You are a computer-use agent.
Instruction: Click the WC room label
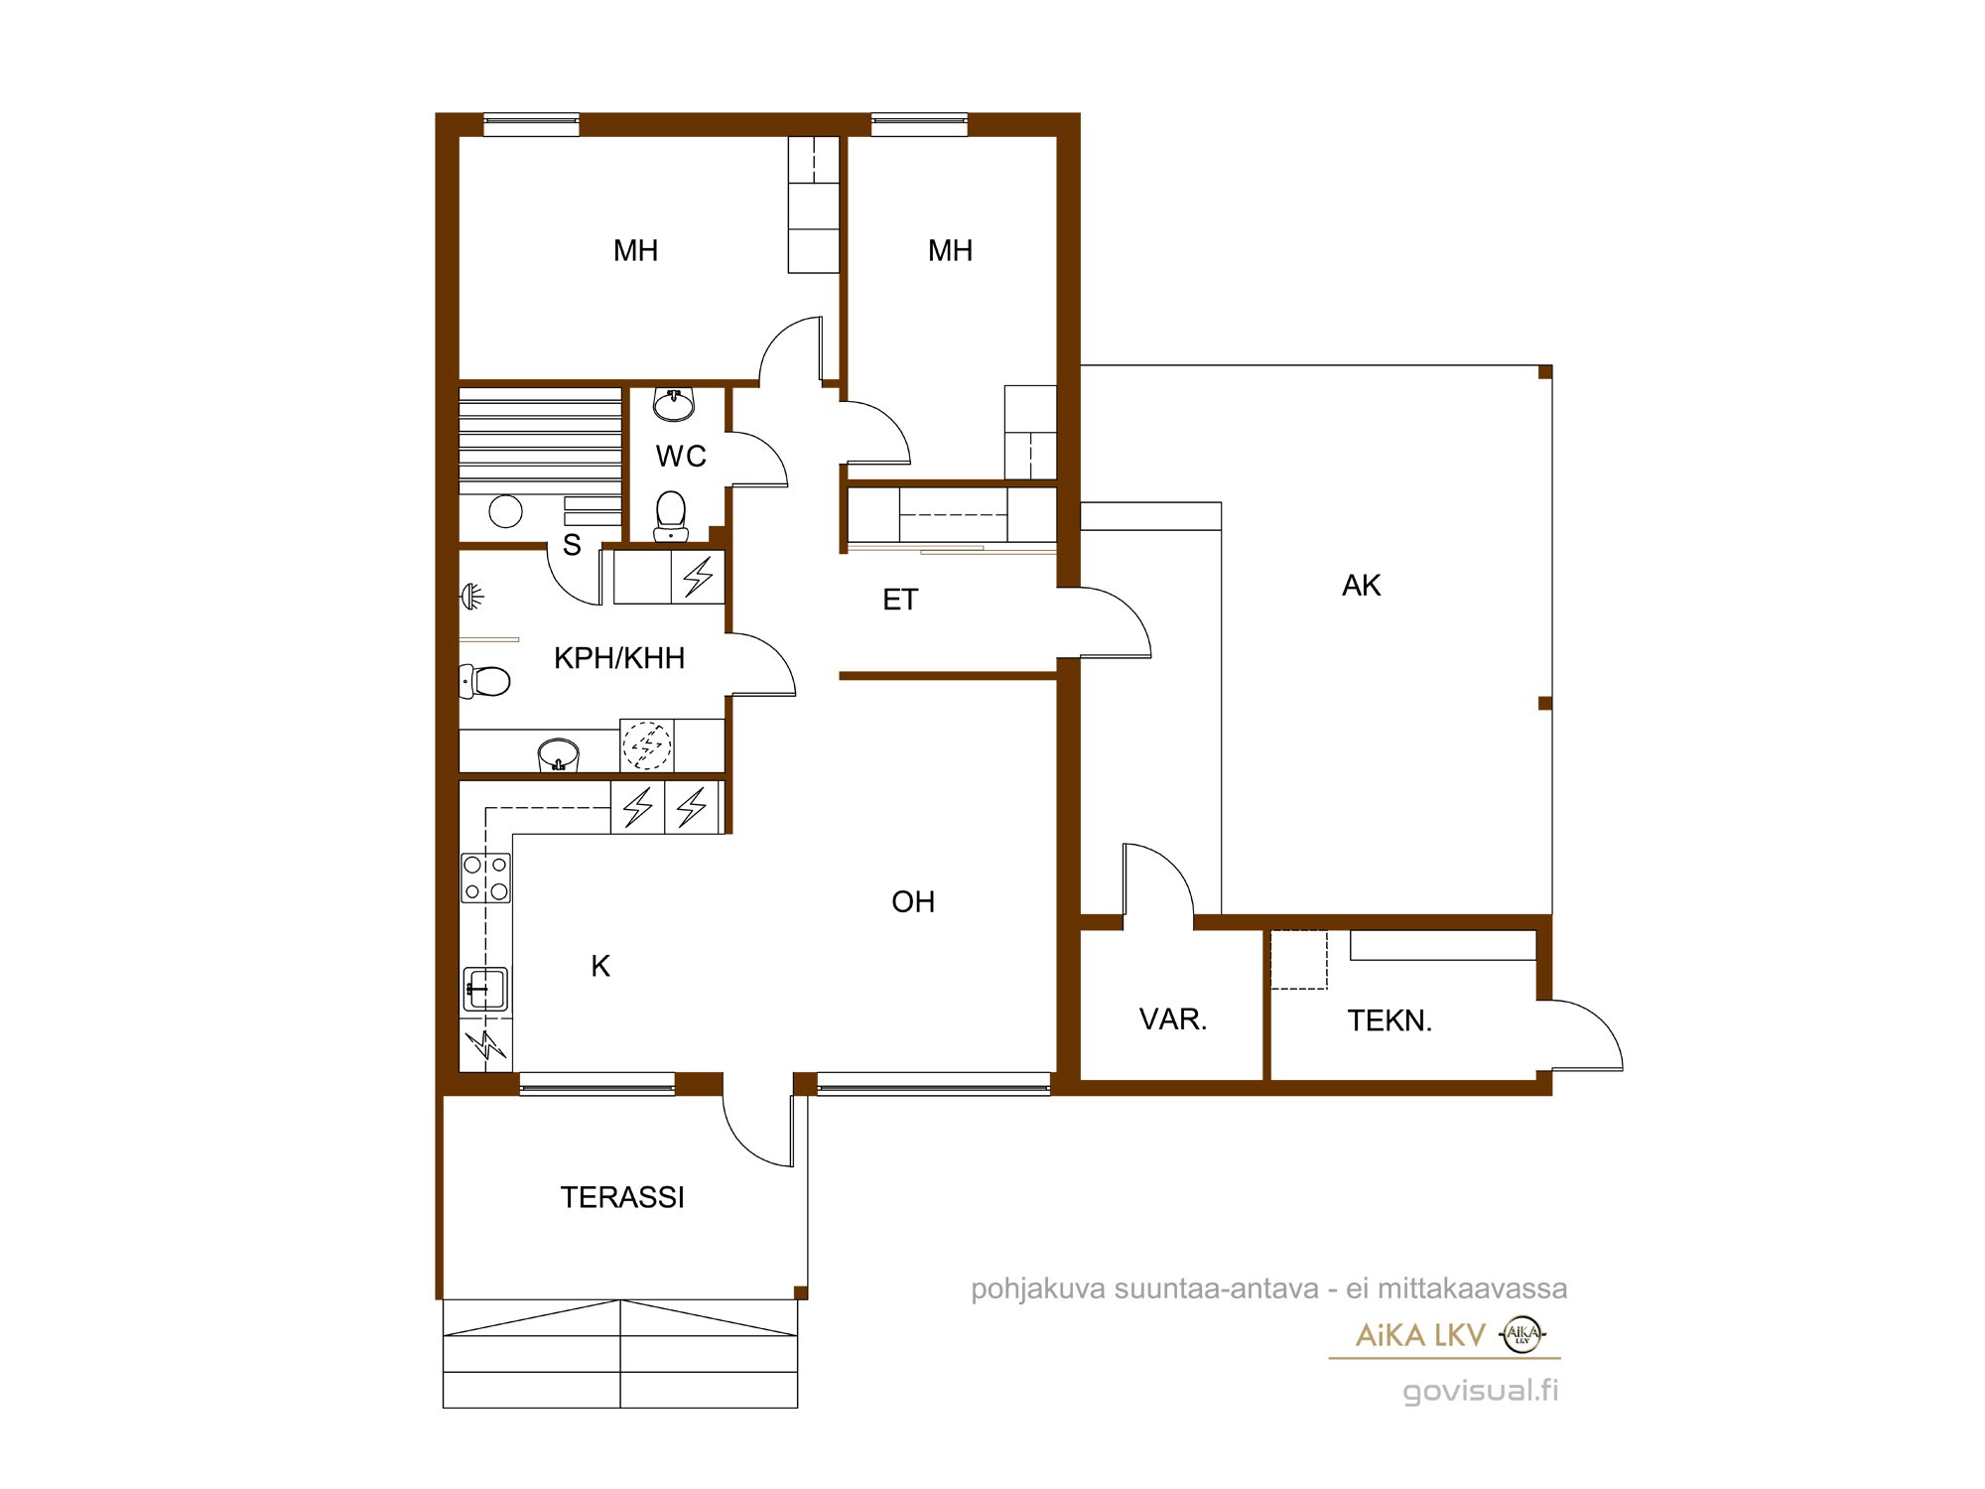tap(681, 457)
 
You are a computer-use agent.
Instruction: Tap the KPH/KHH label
tap(619, 658)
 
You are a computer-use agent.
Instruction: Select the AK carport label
tap(1361, 586)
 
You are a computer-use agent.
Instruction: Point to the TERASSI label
tap(622, 1197)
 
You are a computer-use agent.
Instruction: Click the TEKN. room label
tap(1389, 1020)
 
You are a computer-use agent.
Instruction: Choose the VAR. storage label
tap(1173, 1019)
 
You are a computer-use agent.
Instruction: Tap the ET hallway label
tap(900, 600)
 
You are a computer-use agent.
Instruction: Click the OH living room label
tap(913, 901)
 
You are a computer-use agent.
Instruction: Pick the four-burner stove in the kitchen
tap(486, 879)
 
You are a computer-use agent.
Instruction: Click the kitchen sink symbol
tap(485, 990)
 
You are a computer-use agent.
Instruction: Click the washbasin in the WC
tap(674, 404)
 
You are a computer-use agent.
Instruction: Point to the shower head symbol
tap(471, 597)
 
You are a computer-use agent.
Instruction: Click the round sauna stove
tap(506, 511)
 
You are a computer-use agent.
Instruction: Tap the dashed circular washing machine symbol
tap(647, 745)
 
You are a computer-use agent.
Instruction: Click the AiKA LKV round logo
tap(1522, 1335)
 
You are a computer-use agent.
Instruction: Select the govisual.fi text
tap(1480, 1391)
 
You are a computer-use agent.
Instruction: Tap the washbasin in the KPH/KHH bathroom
tap(558, 754)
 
